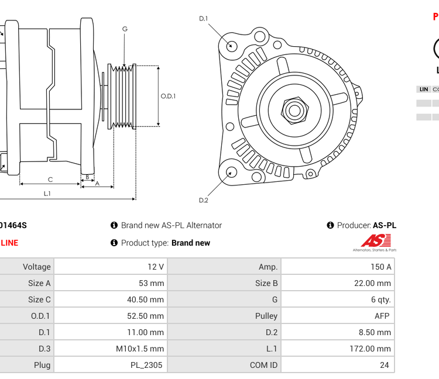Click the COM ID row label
(x=263, y=365)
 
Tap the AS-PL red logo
(x=375, y=240)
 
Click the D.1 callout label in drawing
(x=203, y=19)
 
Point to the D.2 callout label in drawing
(x=203, y=200)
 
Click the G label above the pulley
(x=125, y=29)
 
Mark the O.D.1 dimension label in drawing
(x=169, y=97)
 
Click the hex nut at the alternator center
(x=294, y=109)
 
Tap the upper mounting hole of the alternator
(x=232, y=45)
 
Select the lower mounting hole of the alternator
(x=232, y=172)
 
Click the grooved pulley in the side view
(x=124, y=96)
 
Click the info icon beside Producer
(x=330, y=225)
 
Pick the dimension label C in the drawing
(x=50, y=180)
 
